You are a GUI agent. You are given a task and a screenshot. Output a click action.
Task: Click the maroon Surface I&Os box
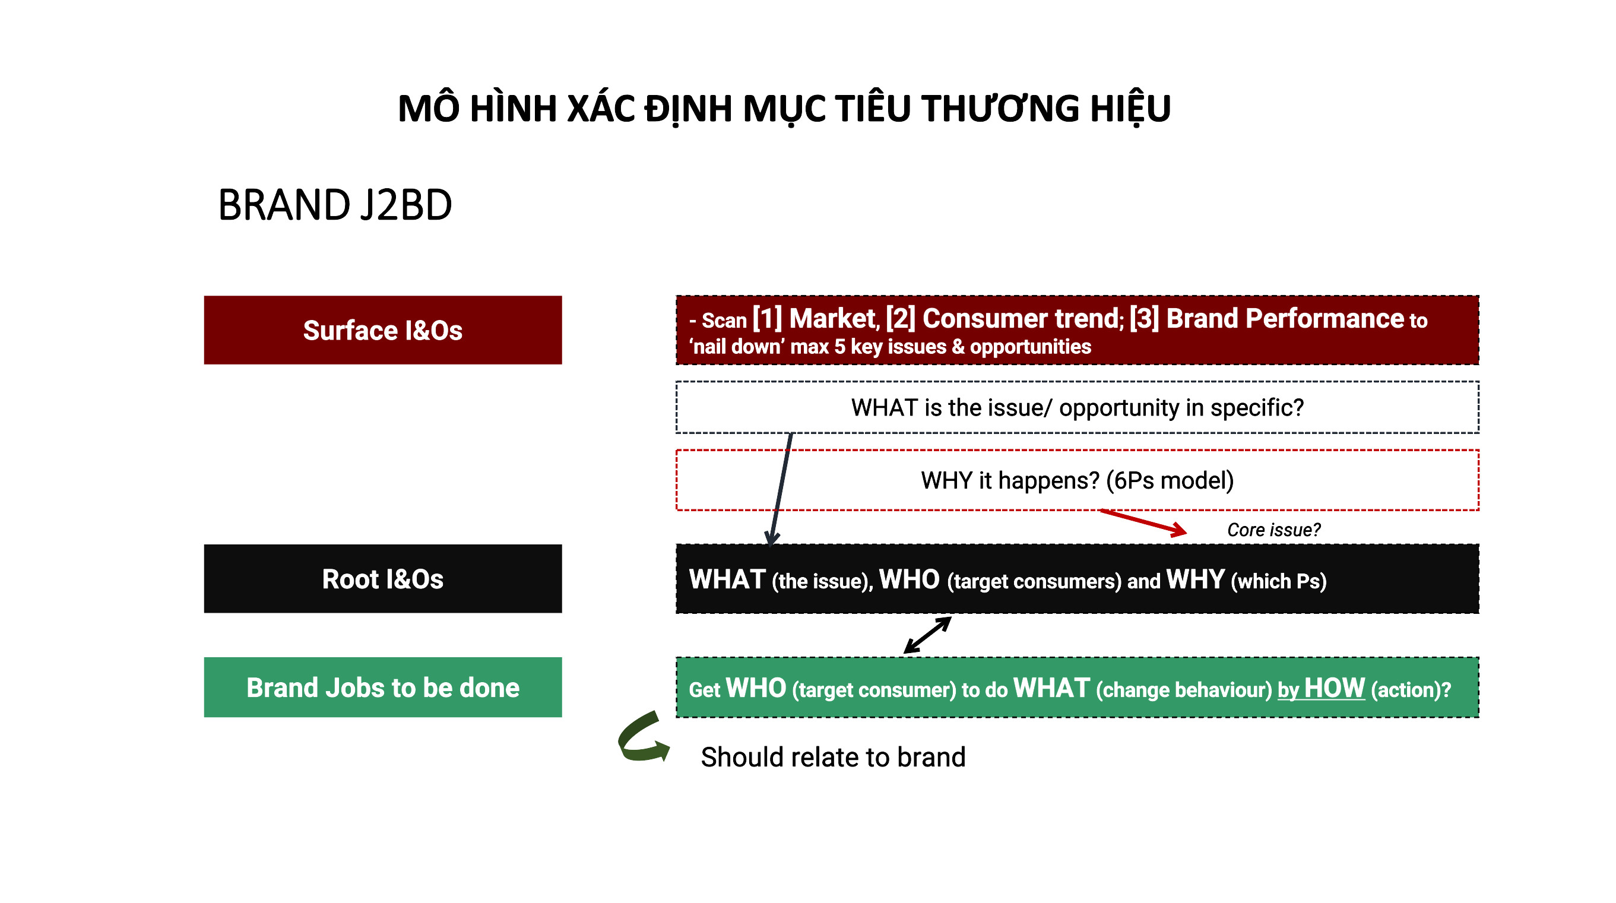[x=383, y=330]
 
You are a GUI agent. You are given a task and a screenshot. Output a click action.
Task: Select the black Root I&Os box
[x=383, y=579]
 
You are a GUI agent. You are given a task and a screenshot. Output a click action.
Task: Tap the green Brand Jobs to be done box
[x=383, y=687]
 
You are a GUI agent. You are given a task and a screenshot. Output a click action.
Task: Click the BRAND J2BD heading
[x=335, y=205]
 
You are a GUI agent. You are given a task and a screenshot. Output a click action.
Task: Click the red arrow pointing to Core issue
[x=1143, y=522]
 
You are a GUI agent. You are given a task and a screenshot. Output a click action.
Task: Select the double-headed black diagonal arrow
[x=928, y=635]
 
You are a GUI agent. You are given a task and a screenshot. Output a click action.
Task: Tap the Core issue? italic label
[x=1273, y=530]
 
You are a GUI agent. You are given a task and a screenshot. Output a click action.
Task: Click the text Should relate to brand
[x=833, y=758]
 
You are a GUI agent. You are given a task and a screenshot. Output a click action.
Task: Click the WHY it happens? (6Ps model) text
[x=1077, y=481]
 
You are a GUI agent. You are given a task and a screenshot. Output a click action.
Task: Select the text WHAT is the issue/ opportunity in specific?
[x=1077, y=408]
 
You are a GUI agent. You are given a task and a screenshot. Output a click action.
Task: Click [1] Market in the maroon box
[x=815, y=319]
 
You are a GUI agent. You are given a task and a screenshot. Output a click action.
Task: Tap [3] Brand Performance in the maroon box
[x=1266, y=319]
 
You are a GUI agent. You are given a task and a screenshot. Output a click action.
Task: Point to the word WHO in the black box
[x=909, y=579]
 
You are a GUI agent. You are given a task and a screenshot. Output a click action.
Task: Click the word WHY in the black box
[x=1195, y=579]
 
